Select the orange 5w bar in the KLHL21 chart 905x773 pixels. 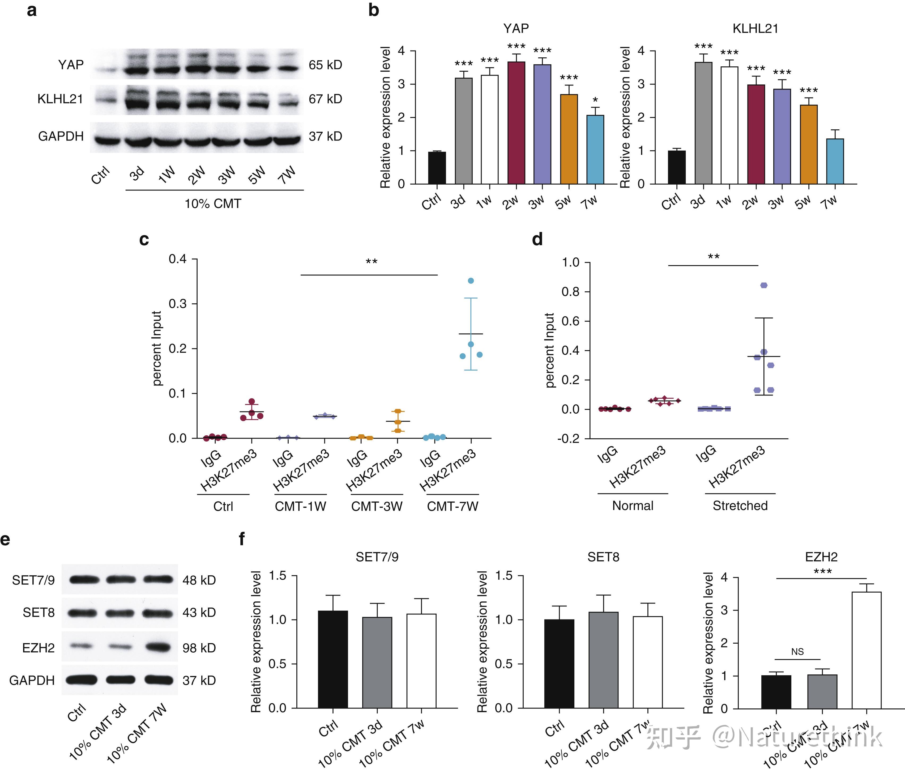coord(809,144)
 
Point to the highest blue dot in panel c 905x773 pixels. coord(471,281)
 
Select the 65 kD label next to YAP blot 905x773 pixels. coord(325,65)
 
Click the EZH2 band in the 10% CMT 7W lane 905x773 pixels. coord(158,647)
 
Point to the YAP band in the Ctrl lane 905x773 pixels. coord(105,69)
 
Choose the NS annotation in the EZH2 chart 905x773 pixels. coord(797,652)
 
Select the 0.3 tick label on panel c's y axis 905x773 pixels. coord(177,304)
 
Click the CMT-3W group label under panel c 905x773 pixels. coord(377,507)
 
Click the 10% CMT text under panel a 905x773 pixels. coord(213,204)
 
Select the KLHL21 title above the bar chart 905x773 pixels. coord(755,29)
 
